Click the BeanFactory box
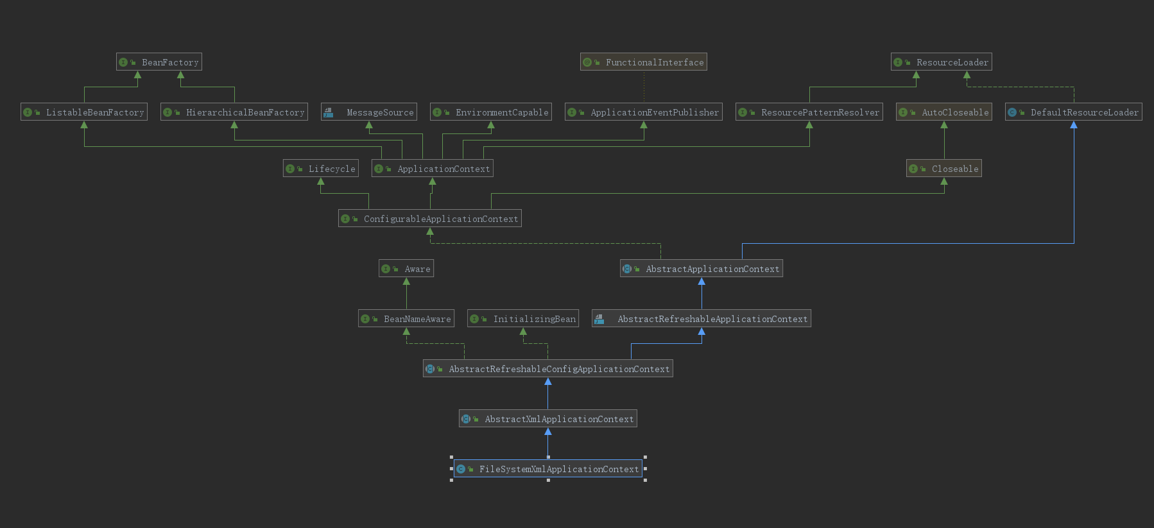coord(159,62)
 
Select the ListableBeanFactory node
coord(84,112)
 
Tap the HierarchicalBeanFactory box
coord(234,112)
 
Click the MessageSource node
coord(369,112)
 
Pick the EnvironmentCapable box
coord(491,112)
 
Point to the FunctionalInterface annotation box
coord(644,62)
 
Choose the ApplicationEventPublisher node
coord(644,112)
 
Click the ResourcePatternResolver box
coord(809,112)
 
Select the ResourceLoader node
coord(942,62)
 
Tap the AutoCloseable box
coord(944,112)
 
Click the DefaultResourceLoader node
coord(1074,112)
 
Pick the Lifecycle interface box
coord(321,169)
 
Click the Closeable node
coord(944,169)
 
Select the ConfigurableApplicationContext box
coord(430,219)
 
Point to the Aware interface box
coord(406,269)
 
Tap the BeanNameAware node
coord(406,319)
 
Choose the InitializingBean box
coord(523,319)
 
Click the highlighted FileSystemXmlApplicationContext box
coord(548,469)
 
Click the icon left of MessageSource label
coord(329,112)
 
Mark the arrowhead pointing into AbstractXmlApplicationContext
coord(548,432)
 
